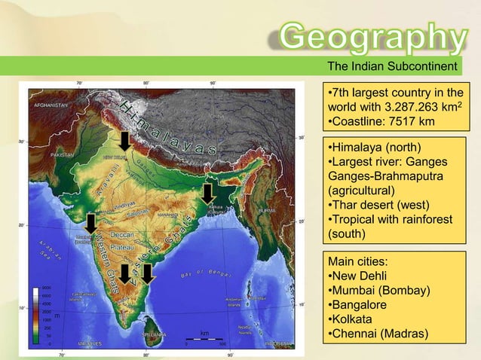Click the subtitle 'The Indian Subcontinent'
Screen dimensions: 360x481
392,67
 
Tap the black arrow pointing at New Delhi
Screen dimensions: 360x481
125,139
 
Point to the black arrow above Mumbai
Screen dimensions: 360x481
90,222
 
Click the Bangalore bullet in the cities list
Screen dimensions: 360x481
359,305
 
